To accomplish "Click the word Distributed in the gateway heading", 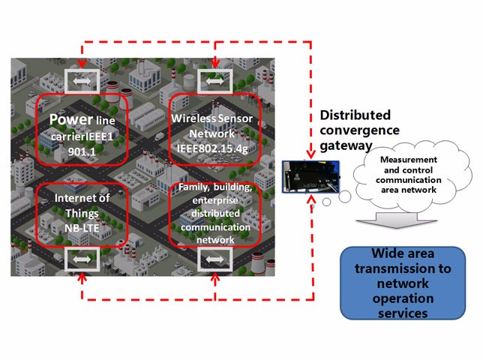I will (x=355, y=115).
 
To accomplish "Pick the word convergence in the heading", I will (x=359, y=130).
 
